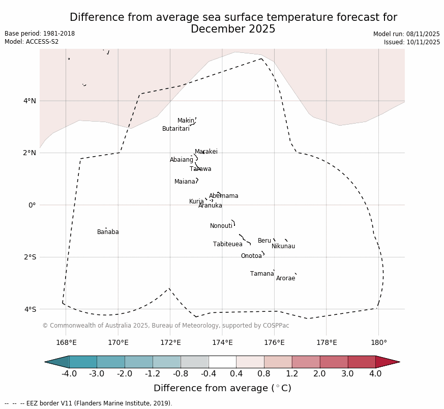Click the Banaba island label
(x=108, y=232)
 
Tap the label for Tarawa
(x=200, y=169)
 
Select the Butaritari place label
(x=175, y=129)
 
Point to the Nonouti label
(x=221, y=226)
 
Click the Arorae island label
(x=285, y=278)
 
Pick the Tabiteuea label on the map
(x=227, y=244)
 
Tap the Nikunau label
(x=283, y=246)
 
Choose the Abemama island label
(x=223, y=196)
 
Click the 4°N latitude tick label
(x=30, y=101)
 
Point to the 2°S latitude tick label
(x=30, y=257)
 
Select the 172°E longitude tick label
(x=170, y=342)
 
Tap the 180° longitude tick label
(x=378, y=342)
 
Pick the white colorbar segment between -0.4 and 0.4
(x=222, y=362)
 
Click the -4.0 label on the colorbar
(x=69, y=374)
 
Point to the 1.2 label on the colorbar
(x=292, y=374)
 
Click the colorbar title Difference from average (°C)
(x=222, y=388)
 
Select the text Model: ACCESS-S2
(x=32, y=42)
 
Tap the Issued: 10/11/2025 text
(x=411, y=42)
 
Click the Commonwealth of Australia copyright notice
(x=166, y=326)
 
